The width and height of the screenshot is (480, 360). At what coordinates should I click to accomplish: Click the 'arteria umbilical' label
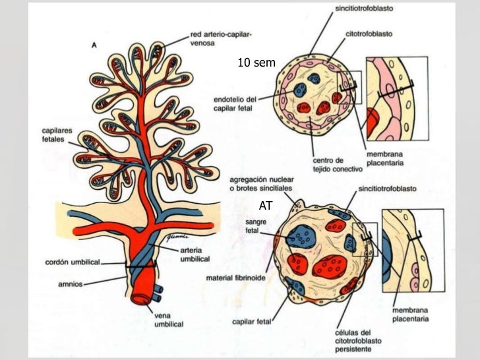tap(196, 255)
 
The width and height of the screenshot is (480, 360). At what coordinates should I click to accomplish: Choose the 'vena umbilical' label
tap(160, 319)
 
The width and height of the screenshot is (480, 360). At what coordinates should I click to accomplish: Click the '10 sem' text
tap(256, 63)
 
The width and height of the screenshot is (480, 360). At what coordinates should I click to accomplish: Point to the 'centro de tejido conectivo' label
tap(328, 167)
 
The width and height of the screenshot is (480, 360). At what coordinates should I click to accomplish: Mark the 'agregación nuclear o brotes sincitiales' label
tap(262, 185)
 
